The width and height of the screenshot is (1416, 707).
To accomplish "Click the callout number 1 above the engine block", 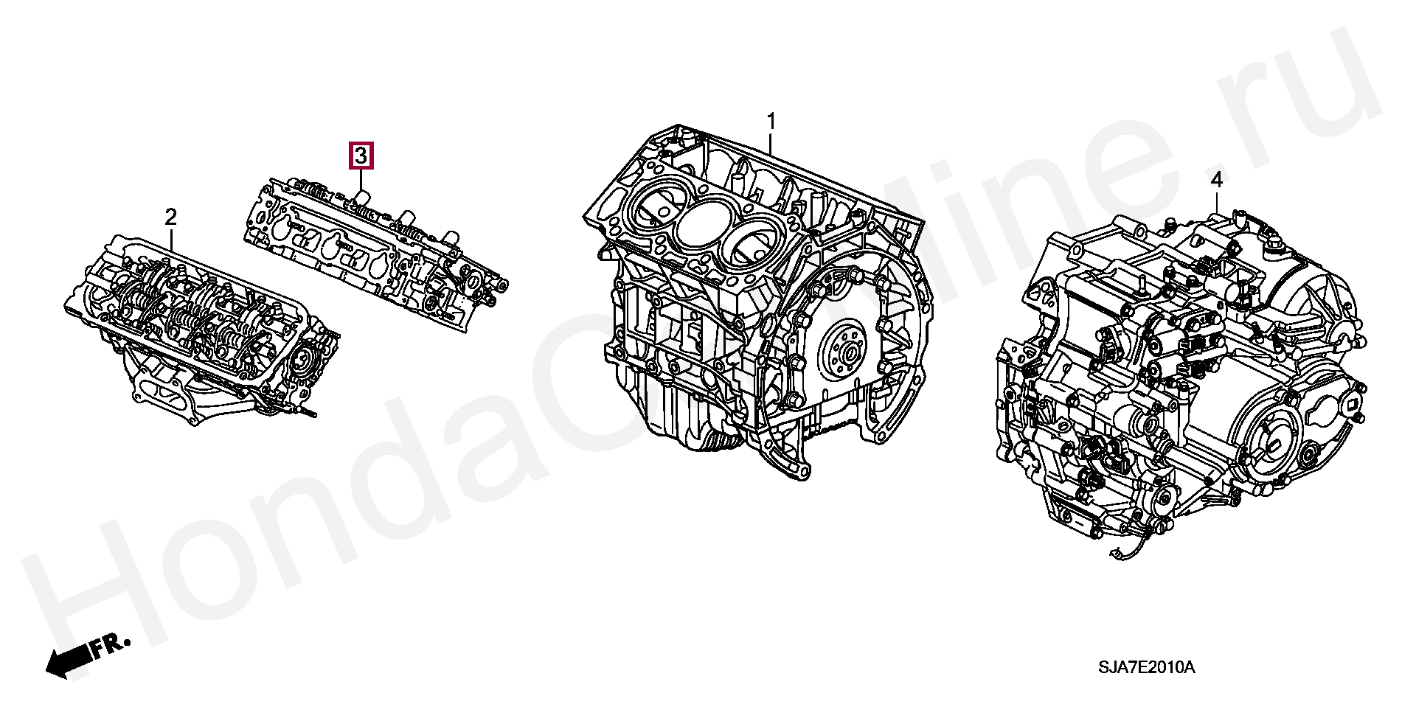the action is tap(771, 121).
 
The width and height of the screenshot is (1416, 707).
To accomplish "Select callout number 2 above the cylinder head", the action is tap(170, 217).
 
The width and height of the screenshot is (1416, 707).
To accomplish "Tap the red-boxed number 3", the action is tap(361, 156).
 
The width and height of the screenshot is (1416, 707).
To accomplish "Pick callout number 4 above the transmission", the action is tap(1216, 179).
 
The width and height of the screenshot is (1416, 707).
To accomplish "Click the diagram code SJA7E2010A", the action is tap(1146, 668).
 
